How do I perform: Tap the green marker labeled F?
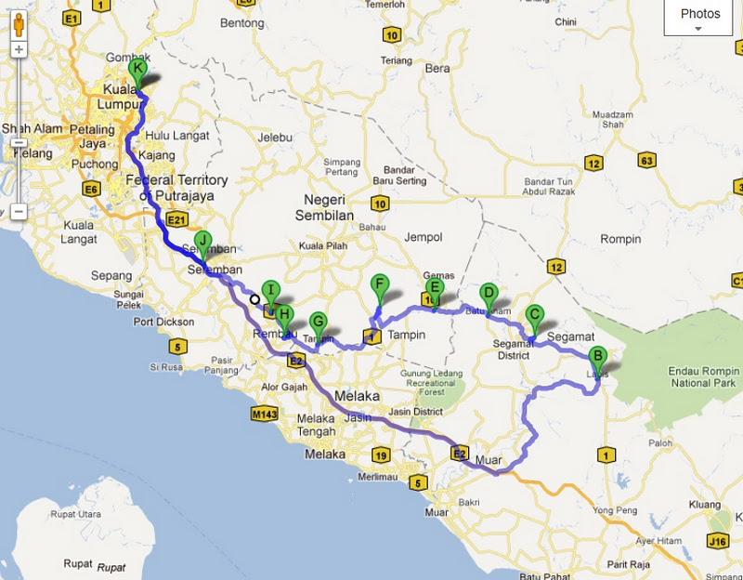pyautogui.click(x=378, y=285)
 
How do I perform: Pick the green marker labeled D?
pyautogui.click(x=488, y=293)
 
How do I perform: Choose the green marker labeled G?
pyautogui.click(x=318, y=323)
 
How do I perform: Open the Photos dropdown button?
pyautogui.click(x=699, y=18)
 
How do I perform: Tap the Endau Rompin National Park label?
pyautogui.click(x=702, y=376)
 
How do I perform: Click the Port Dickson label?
pyautogui.click(x=163, y=323)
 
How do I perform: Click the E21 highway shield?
pyautogui.click(x=177, y=219)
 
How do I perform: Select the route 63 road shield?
pyautogui.click(x=647, y=162)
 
